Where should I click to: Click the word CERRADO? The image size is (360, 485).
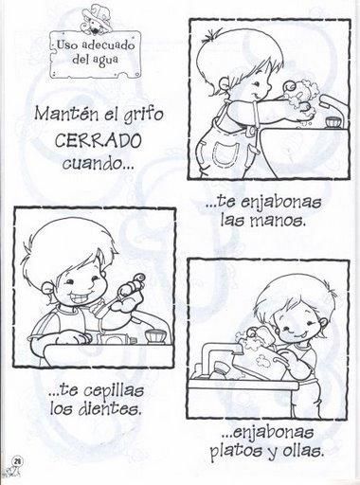98,140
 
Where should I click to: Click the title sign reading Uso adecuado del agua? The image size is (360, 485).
95,54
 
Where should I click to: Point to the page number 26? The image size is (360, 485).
16,461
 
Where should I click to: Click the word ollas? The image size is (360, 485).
304,451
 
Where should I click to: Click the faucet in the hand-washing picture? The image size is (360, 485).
334,112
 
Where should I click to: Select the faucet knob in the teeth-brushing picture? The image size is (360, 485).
155,336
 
